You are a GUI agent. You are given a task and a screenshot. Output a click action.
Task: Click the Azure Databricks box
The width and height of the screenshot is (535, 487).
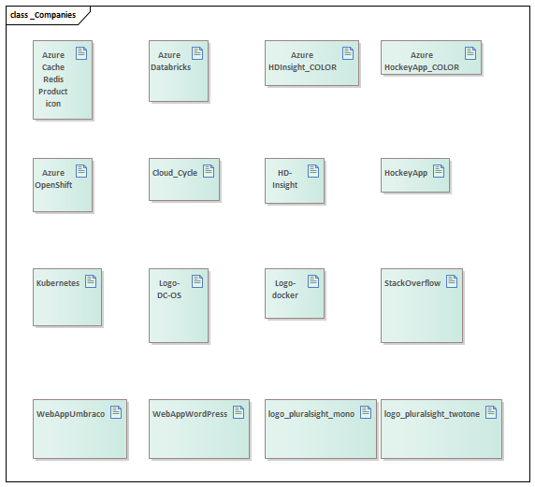[x=179, y=71]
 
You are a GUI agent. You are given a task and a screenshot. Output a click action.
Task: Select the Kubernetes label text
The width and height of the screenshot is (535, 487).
[x=58, y=283]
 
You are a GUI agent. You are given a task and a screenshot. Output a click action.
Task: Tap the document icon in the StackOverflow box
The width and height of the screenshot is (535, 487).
[x=452, y=281]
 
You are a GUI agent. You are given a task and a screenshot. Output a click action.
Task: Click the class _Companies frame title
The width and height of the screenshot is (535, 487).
[x=43, y=15]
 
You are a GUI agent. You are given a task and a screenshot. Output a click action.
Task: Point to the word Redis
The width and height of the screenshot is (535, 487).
[x=53, y=79]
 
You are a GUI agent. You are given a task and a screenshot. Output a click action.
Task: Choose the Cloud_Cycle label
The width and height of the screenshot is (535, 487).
[x=175, y=173]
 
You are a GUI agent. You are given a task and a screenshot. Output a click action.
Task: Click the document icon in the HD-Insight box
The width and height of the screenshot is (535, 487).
[x=313, y=171]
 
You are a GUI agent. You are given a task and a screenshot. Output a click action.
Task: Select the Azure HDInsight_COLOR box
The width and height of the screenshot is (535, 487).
[x=311, y=63]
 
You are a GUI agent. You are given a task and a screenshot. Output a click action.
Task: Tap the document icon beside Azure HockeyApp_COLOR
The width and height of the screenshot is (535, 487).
[x=470, y=53]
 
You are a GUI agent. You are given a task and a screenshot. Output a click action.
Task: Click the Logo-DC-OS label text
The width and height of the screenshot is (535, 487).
[x=169, y=289]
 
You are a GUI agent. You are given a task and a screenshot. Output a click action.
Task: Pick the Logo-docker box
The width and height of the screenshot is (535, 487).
[x=295, y=294]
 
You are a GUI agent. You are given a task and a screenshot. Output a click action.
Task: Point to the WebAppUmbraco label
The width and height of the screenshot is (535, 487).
[x=71, y=414]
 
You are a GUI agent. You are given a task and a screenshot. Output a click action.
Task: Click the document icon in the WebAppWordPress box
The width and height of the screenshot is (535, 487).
[x=239, y=412]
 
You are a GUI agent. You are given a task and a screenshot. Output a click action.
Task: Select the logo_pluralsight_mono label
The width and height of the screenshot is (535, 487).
[x=311, y=414]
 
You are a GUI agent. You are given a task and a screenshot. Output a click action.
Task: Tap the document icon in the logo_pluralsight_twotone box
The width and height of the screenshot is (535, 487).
[x=491, y=412]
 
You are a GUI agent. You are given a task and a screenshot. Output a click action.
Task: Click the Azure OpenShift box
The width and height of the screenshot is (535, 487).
[x=63, y=185]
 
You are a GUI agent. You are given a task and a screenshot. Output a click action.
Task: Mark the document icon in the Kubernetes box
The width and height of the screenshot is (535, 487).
[x=91, y=281]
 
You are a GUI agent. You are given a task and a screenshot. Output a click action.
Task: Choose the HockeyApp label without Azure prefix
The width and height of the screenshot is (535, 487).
[x=406, y=173]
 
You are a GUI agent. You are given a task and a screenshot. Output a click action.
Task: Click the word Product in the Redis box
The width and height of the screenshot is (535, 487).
[x=53, y=92]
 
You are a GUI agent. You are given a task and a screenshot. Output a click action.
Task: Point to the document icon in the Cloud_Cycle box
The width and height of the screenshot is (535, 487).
[x=209, y=171]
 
